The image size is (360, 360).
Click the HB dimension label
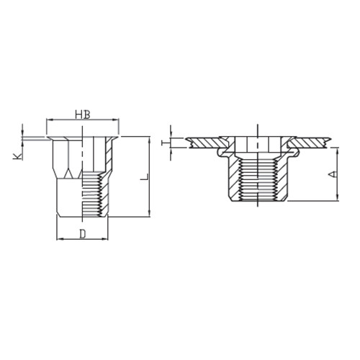pos(83,114)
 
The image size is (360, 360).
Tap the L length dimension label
pos(145,176)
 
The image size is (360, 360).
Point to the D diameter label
pos(82,234)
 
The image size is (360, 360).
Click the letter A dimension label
pos(332,174)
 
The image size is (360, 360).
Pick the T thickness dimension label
pos(166,143)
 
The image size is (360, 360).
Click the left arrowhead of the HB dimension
pos(48,120)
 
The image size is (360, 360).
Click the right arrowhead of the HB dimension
pos(116,120)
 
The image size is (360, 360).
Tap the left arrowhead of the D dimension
pos(60,239)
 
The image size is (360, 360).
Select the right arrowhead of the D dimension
pos(105,239)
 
